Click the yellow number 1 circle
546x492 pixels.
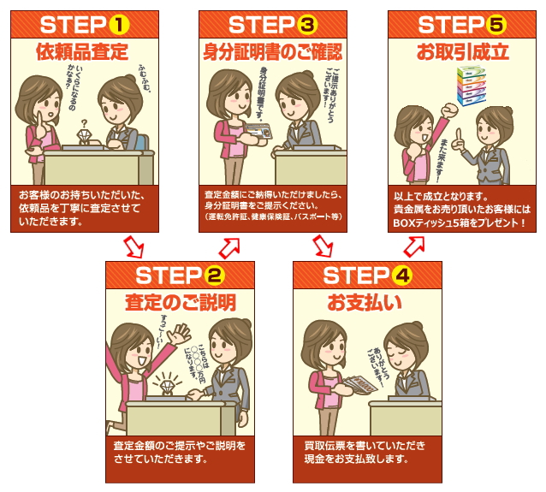(119, 25)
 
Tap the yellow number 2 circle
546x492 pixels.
(215, 276)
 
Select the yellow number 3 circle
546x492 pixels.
(307, 25)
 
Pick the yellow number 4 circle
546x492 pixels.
(402, 276)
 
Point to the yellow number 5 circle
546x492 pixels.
(496, 25)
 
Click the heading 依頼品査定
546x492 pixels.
(82, 52)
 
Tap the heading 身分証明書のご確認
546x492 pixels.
(273, 52)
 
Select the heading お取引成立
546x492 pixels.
(463, 52)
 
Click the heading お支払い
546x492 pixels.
(365, 303)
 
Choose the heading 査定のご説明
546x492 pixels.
(181, 303)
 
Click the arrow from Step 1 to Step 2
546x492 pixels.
(134, 246)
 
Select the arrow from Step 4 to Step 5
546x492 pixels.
(414, 246)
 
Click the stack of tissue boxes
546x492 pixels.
(472, 86)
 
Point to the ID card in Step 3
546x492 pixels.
(258, 131)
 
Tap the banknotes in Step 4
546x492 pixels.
(360, 384)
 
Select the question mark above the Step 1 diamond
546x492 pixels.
(84, 123)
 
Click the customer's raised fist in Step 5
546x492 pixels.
(449, 111)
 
